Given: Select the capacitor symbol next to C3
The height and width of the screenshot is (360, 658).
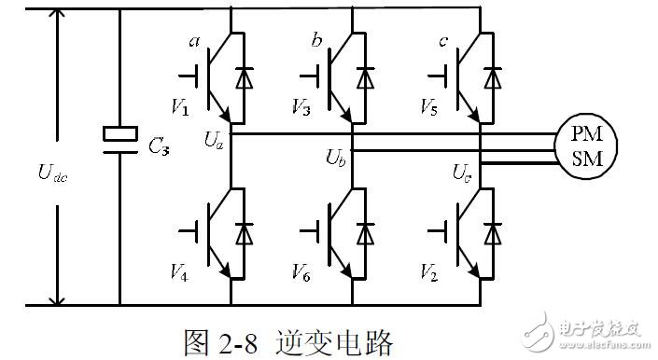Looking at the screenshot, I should [120, 135].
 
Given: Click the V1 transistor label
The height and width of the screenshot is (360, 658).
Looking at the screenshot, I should [183, 110].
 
